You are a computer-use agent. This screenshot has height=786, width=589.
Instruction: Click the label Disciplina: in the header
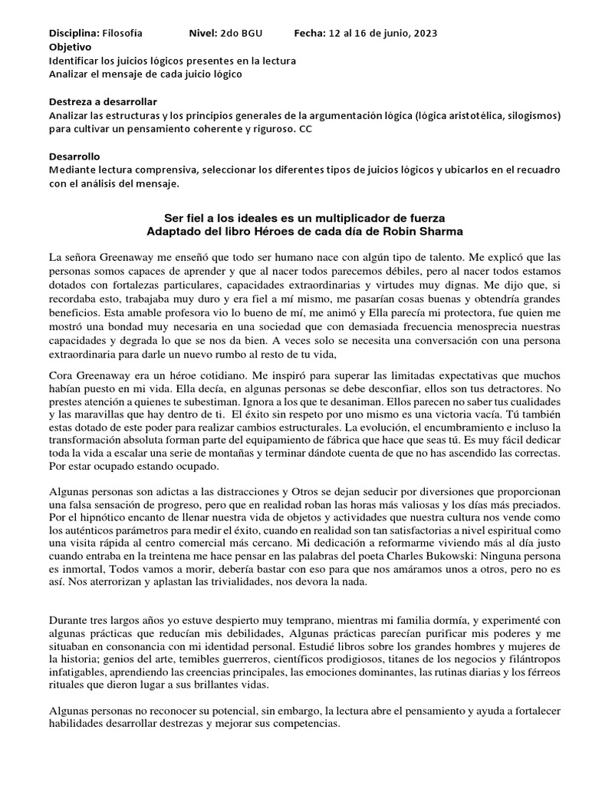click(74, 34)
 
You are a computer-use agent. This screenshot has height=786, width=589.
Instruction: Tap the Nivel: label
click(203, 34)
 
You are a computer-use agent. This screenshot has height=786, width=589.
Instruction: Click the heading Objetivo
click(71, 47)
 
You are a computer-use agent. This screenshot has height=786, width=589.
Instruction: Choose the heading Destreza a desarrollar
click(104, 101)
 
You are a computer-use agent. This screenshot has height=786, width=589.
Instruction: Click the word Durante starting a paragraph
click(71, 619)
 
